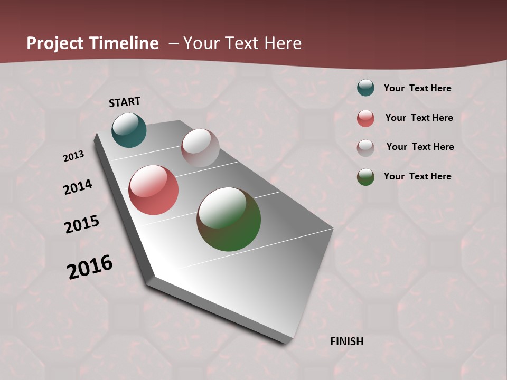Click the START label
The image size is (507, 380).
[125, 102]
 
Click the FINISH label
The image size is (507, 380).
[347, 341]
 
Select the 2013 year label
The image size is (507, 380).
[73, 156]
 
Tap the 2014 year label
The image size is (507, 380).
[78, 187]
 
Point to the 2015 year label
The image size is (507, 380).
[82, 224]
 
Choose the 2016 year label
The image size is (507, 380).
[90, 267]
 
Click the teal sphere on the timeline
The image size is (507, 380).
[129, 130]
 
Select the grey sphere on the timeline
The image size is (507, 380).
[200, 148]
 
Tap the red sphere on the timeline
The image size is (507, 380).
[153, 190]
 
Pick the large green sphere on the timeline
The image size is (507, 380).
[229, 219]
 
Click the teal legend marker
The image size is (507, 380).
[365, 88]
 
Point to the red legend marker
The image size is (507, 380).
[365, 118]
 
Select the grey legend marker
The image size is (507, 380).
[365, 148]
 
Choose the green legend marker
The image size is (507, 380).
[365, 177]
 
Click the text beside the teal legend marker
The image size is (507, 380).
[418, 88]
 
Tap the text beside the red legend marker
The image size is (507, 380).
[419, 118]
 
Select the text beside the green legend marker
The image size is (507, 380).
[418, 176]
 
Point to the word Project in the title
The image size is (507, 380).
[54, 43]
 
